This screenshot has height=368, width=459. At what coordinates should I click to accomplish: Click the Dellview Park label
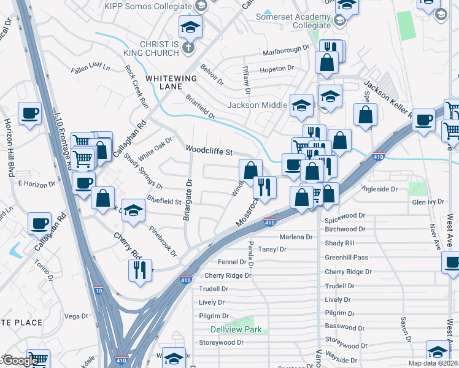tap(236, 329)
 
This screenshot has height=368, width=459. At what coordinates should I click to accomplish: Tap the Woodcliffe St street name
tap(210, 150)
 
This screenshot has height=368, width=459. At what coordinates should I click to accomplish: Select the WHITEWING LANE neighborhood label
tap(171, 83)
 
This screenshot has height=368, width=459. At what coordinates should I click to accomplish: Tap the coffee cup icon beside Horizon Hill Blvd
tap(29, 113)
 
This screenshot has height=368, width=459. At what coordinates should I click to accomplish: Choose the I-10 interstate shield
tap(98, 289)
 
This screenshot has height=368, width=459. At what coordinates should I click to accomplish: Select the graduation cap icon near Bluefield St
tap(133, 210)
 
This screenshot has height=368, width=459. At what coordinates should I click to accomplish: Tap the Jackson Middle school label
tap(256, 105)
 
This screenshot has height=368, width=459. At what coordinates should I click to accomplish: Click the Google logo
tap(20, 361)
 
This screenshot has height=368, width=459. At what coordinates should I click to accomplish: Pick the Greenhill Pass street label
tap(347, 258)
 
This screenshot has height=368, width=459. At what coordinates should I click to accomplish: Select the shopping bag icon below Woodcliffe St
tap(250, 169)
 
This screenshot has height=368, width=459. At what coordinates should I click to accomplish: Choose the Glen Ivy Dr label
tap(428, 202)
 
